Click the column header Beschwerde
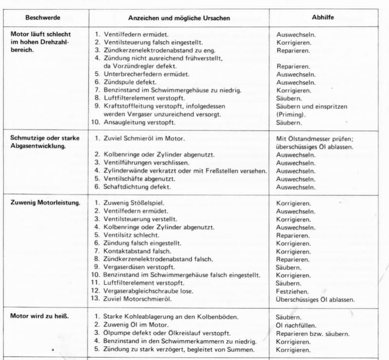(x=44, y=17)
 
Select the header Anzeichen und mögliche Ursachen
(x=179, y=18)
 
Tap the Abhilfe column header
(x=323, y=17)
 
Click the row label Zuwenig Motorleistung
(x=45, y=202)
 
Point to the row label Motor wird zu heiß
(x=39, y=316)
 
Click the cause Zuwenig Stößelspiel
(x=132, y=203)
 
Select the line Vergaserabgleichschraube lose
(x=148, y=291)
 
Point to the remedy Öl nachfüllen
(x=296, y=325)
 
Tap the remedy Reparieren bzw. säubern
(x=313, y=333)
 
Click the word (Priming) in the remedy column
(x=291, y=115)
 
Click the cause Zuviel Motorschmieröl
(x=137, y=299)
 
